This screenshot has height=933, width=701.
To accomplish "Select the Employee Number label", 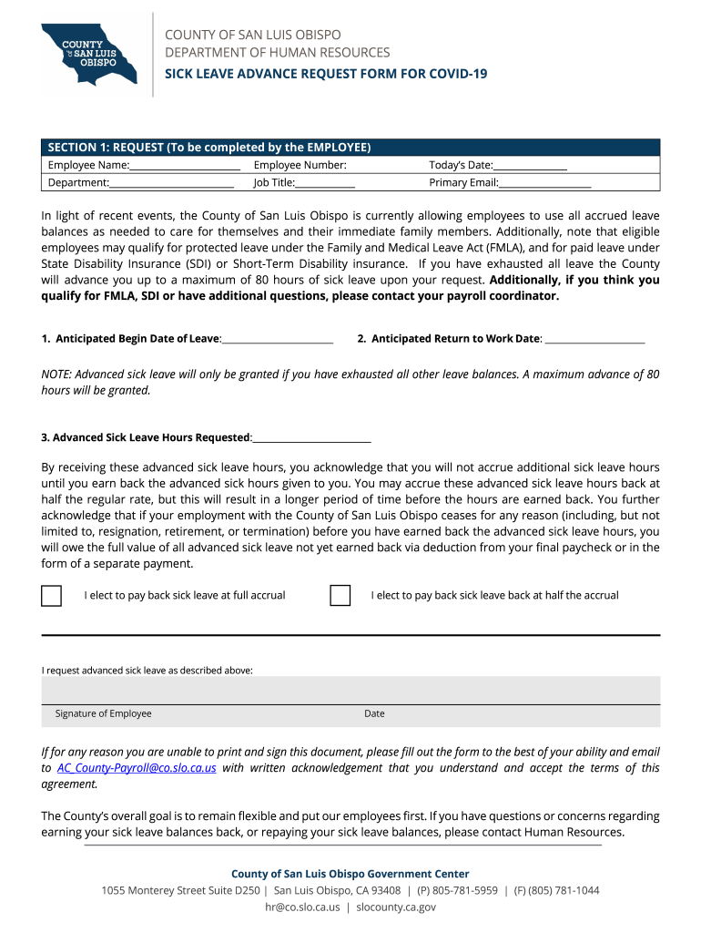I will [x=300, y=165].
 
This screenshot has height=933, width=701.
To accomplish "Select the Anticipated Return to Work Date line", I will [x=594, y=340].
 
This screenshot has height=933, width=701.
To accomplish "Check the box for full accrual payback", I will [x=52, y=596].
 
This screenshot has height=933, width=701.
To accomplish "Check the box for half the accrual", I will [x=340, y=596].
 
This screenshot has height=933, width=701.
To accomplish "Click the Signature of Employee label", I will [x=103, y=713].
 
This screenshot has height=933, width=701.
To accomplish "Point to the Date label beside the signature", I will [x=374, y=713].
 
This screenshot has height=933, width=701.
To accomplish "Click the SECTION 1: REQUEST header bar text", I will [x=209, y=148].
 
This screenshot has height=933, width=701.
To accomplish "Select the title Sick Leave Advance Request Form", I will [x=325, y=73].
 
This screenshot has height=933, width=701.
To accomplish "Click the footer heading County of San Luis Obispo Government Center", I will [x=350, y=874].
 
